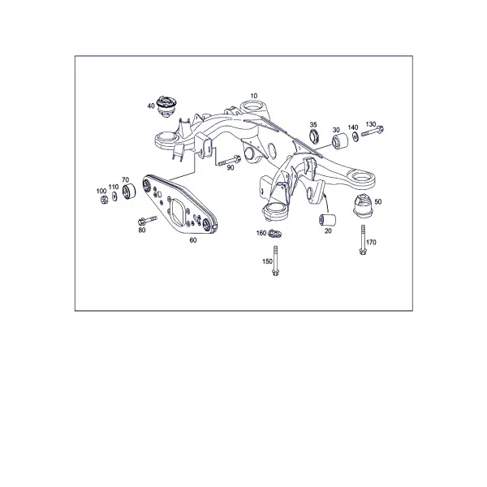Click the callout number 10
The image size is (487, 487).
point(254,96)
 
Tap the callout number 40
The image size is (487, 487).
point(151,106)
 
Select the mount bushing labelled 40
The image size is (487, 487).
point(166,106)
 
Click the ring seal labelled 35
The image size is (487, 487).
point(314,138)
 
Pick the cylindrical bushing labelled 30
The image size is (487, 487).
point(340,141)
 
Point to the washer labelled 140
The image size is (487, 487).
point(355,136)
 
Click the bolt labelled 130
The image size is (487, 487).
point(372,131)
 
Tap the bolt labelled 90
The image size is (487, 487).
point(229,161)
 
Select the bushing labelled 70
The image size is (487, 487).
point(128,192)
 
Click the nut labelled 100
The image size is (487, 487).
point(103,200)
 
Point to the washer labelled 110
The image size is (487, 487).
point(114,196)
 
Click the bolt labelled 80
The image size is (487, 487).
point(147,221)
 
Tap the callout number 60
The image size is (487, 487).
point(193,240)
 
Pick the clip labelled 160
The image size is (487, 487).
point(274,233)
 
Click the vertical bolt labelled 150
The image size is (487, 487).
point(275,261)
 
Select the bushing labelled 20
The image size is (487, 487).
point(327,219)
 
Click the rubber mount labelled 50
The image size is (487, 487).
point(363,205)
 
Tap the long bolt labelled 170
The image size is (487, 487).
point(363,239)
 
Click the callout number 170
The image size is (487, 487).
point(371,242)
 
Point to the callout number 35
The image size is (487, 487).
point(313,125)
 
